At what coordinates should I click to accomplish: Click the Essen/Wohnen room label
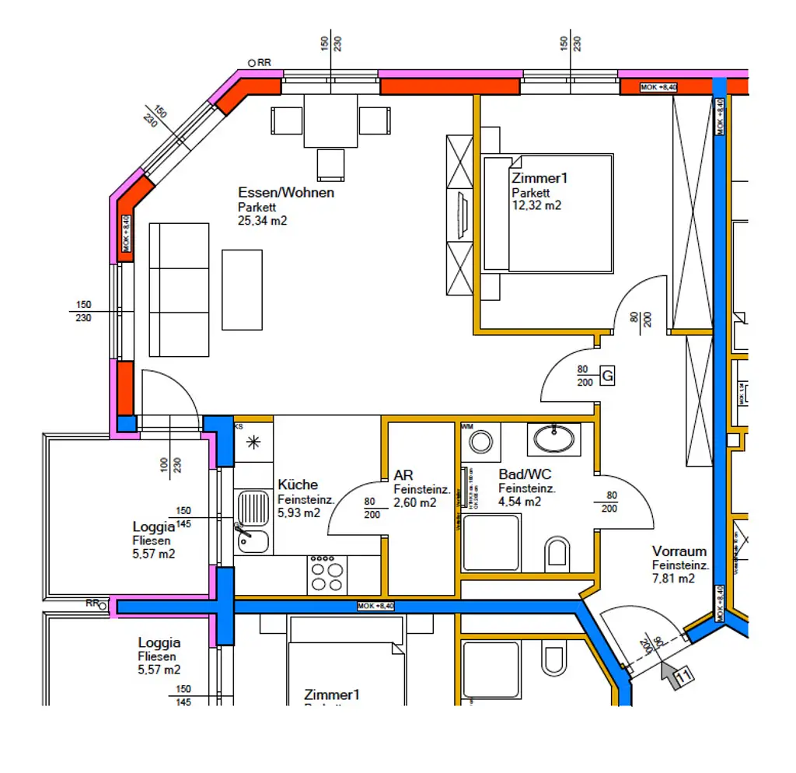click(x=286, y=193)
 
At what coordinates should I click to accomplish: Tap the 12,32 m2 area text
click(x=536, y=206)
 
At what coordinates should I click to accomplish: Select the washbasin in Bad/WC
click(x=553, y=439)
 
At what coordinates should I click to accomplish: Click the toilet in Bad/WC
click(x=557, y=552)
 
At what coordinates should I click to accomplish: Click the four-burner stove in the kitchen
click(x=326, y=575)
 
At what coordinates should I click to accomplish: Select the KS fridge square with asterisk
click(x=253, y=443)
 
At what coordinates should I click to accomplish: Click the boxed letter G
click(x=608, y=377)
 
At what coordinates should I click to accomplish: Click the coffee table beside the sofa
click(x=242, y=289)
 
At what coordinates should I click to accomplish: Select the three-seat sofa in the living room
click(x=179, y=289)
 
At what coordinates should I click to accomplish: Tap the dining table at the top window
click(x=330, y=121)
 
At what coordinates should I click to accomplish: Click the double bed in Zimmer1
click(x=548, y=213)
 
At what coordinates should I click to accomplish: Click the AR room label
click(x=403, y=475)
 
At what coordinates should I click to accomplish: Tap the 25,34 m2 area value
click(x=263, y=221)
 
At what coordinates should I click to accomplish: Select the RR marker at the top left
click(x=260, y=63)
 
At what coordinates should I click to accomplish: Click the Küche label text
click(x=297, y=484)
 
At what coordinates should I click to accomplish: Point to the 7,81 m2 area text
click(x=673, y=579)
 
